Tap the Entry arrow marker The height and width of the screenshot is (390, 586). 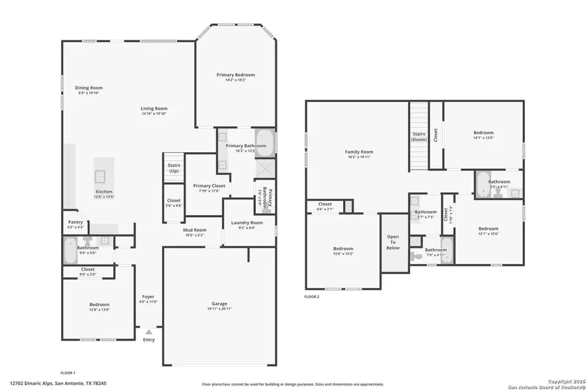tap(148, 331)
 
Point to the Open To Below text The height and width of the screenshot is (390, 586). tap(393, 242)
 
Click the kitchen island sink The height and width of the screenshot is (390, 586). tap(102, 175)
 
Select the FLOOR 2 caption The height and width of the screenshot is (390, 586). tap(312, 296)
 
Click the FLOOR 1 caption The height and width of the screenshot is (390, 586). tap(68, 372)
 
